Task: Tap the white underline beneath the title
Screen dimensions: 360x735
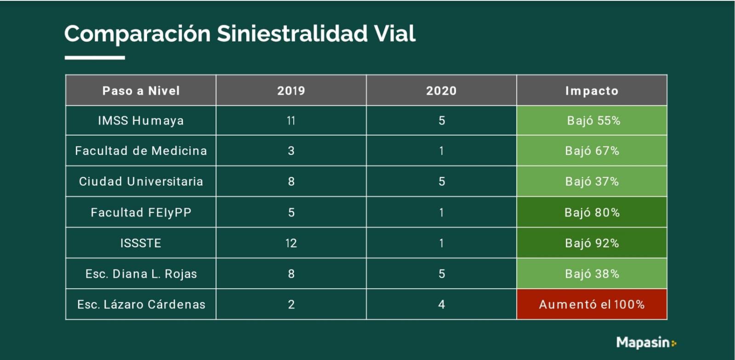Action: click(x=95, y=57)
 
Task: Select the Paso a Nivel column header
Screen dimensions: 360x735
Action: click(x=141, y=91)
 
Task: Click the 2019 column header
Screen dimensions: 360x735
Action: click(x=291, y=91)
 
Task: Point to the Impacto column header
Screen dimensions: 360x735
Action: click(x=592, y=91)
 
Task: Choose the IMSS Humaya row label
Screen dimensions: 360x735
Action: click(x=141, y=120)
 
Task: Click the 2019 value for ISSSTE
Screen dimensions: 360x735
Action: click(x=291, y=243)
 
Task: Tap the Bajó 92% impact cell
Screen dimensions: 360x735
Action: click(x=592, y=243)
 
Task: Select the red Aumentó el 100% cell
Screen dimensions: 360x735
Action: click(x=592, y=304)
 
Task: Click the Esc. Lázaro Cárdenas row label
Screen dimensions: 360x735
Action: click(x=141, y=304)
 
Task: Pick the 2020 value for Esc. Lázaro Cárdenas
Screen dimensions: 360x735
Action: click(x=441, y=304)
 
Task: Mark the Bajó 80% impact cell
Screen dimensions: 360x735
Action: click(x=592, y=212)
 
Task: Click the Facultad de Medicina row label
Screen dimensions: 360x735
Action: click(x=141, y=151)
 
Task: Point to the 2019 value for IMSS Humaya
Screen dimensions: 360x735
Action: click(x=291, y=120)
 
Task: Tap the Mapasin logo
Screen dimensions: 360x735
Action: click(x=646, y=343)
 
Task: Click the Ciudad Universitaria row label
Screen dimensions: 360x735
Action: click(x=141, y=182)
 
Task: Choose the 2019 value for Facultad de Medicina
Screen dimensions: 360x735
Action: click(x=291, y=151)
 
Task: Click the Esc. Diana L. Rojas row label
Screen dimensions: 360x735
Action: click(x=141, y=274)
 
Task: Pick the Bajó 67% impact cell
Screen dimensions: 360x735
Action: click(x=592, y=151)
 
